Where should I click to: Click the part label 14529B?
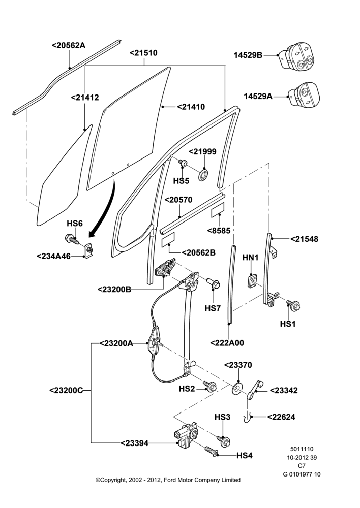[x=248, y=55]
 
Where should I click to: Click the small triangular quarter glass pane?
[x=64, y=177]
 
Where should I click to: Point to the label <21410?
[x=191, y=107]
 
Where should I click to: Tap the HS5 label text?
[x=181, y=181]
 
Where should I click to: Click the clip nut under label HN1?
[x=252, y=281]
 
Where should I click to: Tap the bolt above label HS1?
[x=293, y=305]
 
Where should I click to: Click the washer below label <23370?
[x=238, y=388]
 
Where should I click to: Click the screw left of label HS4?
[x=211, y=451]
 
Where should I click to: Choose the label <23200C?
[x=66, y=390]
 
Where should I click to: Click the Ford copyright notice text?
[x=168, y=480]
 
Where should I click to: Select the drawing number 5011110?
[x=302, y=449]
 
